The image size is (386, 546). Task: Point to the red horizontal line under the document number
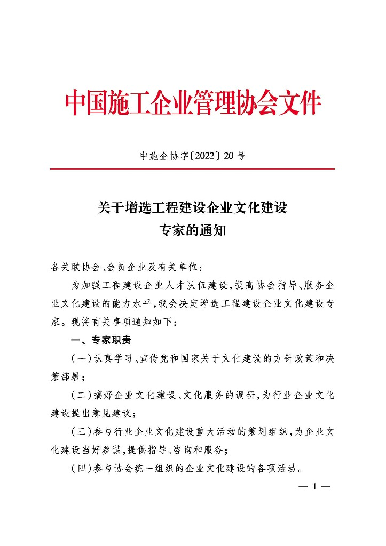(193, 169)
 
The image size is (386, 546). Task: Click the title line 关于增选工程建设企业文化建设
(193, 208)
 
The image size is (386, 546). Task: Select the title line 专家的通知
(193, 231)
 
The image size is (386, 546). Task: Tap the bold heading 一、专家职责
(101, 340)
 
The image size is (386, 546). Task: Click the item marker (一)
(79, 359)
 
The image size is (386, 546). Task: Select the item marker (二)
(79, 396)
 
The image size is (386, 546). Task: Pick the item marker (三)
(79, 432)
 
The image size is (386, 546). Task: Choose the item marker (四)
(79, 469)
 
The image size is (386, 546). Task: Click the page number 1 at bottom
(316, 487)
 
